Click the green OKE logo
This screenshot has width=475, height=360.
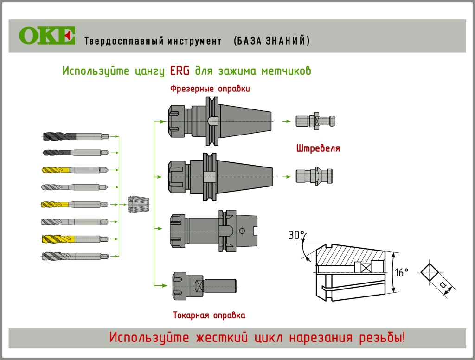pyautogui.click(x=47, y=36)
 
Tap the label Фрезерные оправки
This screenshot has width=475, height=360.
pyautogui.click(x=210, y=89)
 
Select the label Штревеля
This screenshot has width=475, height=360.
pyautogui.click(x=318, y=149)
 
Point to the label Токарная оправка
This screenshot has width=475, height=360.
pyautogui.click(x=209, y=315)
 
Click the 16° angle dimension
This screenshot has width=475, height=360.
pyautogui.click(x=402, y=272)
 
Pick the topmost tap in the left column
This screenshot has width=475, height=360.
pyautogui.click(x=76, y=136)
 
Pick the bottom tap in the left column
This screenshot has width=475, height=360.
pyautogui.click(x=75, y=256)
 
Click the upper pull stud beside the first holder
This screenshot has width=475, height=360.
pyautogui.click(x=315, y=121)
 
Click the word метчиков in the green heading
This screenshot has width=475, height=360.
pyautogui.click(x=286, y=71)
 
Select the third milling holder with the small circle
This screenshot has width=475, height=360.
pyautogui.click(x=213, y=230)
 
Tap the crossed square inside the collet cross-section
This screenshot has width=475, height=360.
pyautogui.click(x=366, y=268)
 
